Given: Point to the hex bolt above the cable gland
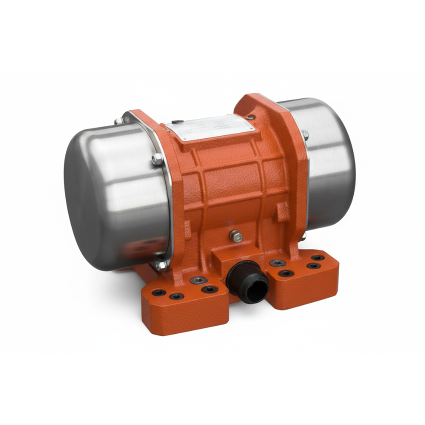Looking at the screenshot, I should [235, 236].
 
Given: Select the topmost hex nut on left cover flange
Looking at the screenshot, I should [119, 120].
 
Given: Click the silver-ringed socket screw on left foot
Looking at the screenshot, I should [198, 280].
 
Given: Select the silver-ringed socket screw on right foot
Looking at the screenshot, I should [277, 263].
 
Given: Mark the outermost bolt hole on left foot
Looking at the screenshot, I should [158, 292].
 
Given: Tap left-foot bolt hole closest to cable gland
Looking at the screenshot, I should [209, 289].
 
